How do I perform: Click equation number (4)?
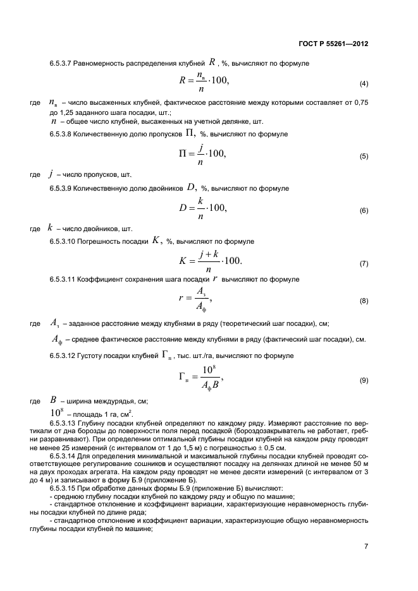tap(364, 84)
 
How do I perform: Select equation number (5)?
tap(364, 156)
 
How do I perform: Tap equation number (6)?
tap(364, 210)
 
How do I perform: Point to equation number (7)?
tap(364, 263)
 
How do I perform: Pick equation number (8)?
tap(364, 301)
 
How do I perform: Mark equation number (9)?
tap(364, 381)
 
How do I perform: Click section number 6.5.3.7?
tap(63, 64)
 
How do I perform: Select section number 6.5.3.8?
tap(63, 134)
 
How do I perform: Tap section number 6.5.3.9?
tap(63, 189)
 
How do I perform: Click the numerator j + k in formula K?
tap(207, 254)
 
